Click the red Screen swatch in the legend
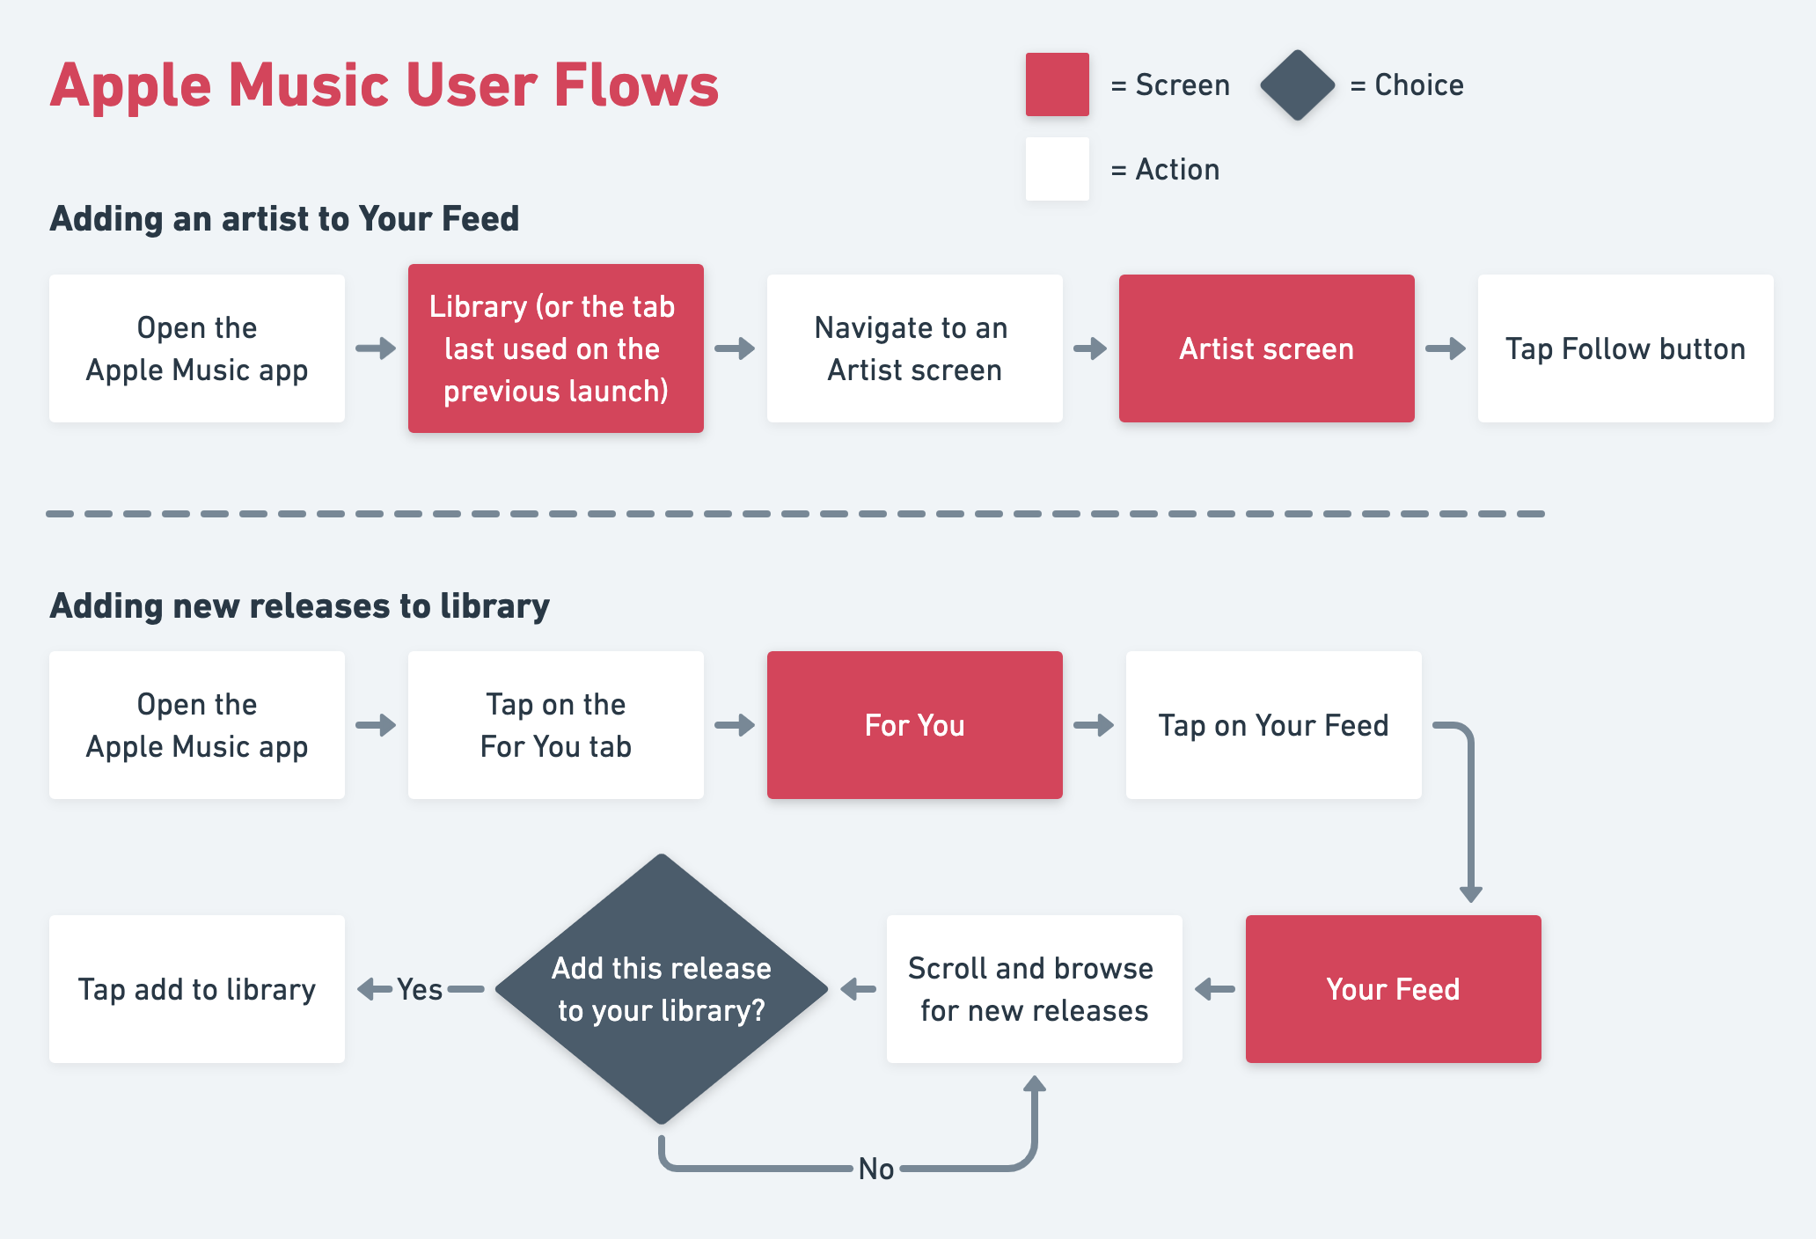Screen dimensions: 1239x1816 (1057, 84)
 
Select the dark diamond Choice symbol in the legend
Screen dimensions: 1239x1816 (1297, 85)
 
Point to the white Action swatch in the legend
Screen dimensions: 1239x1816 (1057, 169)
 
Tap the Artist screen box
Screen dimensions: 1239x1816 (1266, 348)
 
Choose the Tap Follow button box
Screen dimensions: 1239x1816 (1625, 348)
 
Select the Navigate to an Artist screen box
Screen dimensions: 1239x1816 (914, 348)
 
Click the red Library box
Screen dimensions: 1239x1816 (555, 348)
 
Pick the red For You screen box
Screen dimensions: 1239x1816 (914, 725)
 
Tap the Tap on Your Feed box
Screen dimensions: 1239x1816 (1273, 725)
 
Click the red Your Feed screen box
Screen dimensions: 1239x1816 (1393, 989)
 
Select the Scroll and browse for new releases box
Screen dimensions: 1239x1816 (1034, 989)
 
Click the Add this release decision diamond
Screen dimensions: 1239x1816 (662, 989)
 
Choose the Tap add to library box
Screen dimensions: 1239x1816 (196, 989)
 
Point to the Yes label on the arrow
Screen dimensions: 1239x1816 (420, 990)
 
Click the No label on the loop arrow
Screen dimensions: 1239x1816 (876, 1169)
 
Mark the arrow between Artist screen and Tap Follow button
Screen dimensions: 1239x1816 (1446, 348)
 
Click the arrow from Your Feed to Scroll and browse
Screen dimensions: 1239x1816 (1214, 989)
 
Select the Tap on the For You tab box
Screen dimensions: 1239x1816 (555, 725)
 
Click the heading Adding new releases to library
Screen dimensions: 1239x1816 (299, 606)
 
